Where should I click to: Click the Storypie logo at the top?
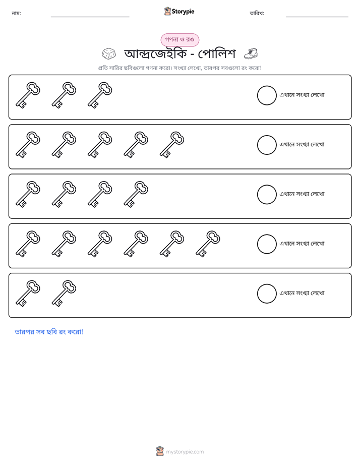point(179,11)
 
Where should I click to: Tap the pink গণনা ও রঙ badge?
point(179,40)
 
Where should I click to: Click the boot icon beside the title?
point(251,54)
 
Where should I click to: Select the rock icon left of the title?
point(109,54)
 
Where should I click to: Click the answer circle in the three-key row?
point(267,95)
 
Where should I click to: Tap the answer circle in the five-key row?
point(267,145)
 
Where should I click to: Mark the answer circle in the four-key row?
point(267,195)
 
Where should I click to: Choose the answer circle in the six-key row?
point(267,244)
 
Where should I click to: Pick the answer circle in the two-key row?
point(267,294)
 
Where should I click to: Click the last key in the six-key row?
point(208,244)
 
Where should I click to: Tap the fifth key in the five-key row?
point(172,145)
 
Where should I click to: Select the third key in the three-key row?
point(100,95)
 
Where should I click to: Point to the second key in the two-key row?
point(64,294)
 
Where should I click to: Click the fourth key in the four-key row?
point(136,194)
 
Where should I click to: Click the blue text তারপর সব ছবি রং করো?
point(49,332)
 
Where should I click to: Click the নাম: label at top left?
point(16,13)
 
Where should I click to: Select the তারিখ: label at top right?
point(257,13)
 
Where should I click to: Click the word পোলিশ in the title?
point(216,54)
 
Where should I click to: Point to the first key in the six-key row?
point(28,244)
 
